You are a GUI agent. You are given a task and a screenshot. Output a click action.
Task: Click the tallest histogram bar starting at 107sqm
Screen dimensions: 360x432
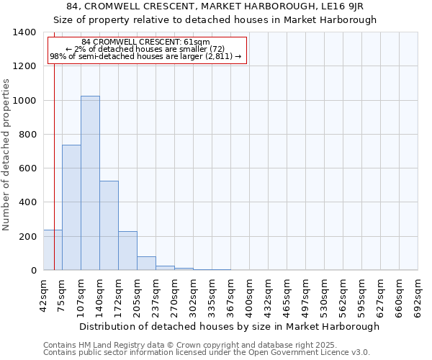(x=90, y=183)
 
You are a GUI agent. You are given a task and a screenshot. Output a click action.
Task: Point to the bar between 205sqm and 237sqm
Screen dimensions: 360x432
(x=146, y=263)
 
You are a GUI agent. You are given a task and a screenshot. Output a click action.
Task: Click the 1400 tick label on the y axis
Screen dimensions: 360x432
(x=25, y=32)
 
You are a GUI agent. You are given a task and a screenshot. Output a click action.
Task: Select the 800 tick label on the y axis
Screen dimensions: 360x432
(x=28, y=135)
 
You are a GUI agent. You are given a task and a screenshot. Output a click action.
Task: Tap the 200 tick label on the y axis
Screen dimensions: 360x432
(x=28, y=236)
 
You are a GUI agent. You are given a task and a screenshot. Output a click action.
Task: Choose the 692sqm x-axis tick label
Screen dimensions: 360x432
(x=418, y=295)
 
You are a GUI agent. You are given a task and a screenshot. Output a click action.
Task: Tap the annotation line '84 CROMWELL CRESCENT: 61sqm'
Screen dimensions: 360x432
(x=146, y=42)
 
